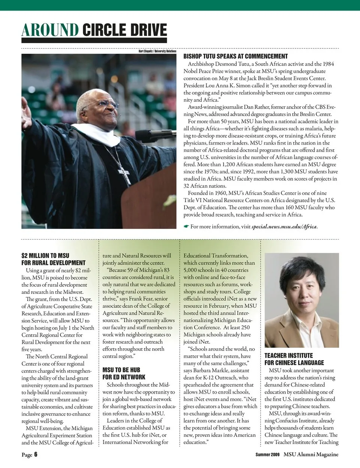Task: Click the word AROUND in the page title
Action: pos(50,30)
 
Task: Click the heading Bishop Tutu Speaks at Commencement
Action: pos(235,56)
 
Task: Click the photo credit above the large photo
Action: pos(157,51)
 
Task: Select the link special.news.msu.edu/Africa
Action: pos(285,227)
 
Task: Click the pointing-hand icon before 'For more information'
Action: pos(186,227)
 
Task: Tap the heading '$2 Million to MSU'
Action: pos(45,256)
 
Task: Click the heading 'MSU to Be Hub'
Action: pos(121,370)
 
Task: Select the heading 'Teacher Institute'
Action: pos(288,355)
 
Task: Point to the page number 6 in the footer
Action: pos(36,454)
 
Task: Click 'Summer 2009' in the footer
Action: pos(267,455)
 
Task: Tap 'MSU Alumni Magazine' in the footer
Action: pos(311,454)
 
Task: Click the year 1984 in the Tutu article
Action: pos(327,64)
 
